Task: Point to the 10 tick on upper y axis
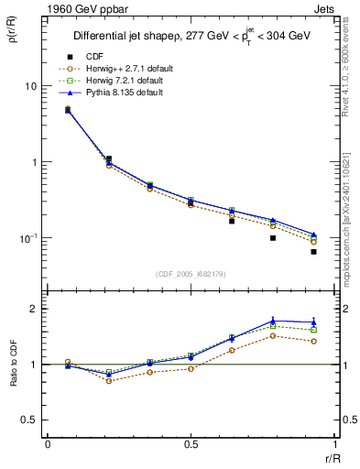click(29, 86)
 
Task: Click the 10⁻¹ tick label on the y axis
click(27, 238)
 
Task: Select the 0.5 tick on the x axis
click(191, 444)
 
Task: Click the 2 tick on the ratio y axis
click(34, 309)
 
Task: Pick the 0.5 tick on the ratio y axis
click(29, 420)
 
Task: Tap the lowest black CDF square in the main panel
click(313, 251)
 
